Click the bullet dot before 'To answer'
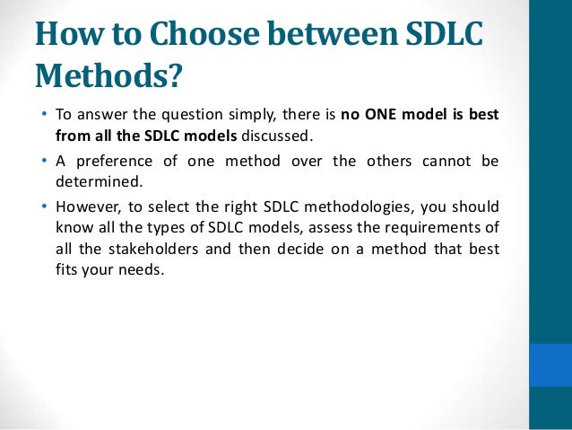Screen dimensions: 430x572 [x=45, y=117]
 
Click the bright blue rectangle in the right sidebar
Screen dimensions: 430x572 [x=550, y=364]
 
